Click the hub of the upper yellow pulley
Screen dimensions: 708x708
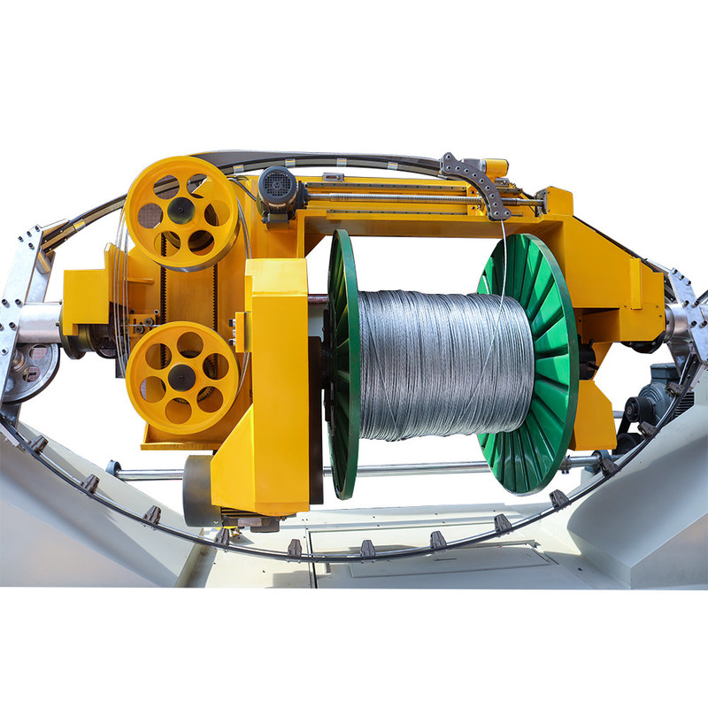pyautogui.click(x=181, y=211)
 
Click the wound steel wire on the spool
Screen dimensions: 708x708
pyautogui.click(x=442, y=363)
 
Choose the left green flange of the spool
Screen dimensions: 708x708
pyautogui.click(x=343, y=363)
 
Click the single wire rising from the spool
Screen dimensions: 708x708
pyautogui.click(x=504, y=265)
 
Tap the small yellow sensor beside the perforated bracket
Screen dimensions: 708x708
pyautogui.click(x=496, y=165)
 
